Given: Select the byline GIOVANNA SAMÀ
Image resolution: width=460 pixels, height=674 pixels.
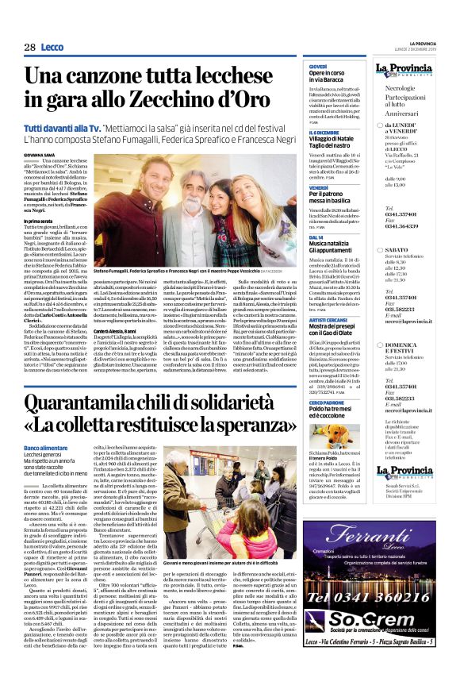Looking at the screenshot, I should (x=40, y=156).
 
